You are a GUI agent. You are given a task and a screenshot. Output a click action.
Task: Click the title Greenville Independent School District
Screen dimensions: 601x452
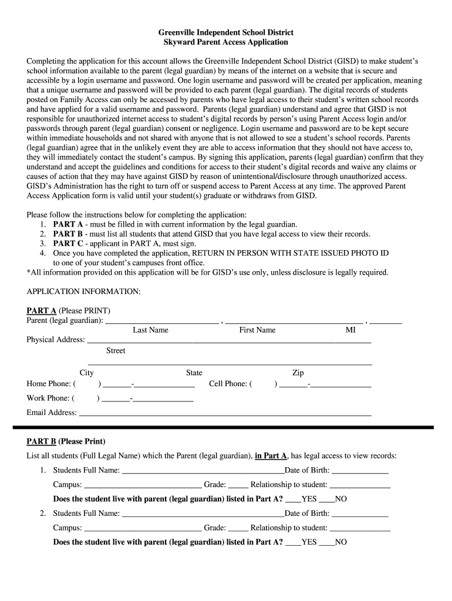[x=226, y=32]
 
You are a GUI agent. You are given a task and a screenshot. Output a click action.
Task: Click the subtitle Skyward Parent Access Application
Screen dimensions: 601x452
[x=226, y=42]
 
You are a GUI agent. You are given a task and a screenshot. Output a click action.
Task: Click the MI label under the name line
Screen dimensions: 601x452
[x=350, y=330]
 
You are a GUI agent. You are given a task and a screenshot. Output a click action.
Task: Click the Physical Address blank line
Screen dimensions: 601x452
[x=229, y=341]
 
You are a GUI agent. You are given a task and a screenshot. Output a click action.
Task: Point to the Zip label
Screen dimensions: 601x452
[x=298, y=373]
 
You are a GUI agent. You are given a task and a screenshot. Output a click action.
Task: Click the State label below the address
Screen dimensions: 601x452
[x=194, y=373]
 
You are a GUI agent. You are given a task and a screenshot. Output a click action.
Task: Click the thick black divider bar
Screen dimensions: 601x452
[x=226, y=427]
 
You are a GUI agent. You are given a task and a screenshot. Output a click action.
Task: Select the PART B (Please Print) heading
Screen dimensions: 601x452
[x=66, y=441]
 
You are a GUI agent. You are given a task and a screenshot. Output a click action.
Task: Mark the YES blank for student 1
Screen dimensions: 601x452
[x=293, y=501]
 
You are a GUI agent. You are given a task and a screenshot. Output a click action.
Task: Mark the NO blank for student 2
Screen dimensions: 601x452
[x=326, y=543]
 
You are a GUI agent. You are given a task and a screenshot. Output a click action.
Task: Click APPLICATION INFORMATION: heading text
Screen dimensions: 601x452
[x=84, y=292]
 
